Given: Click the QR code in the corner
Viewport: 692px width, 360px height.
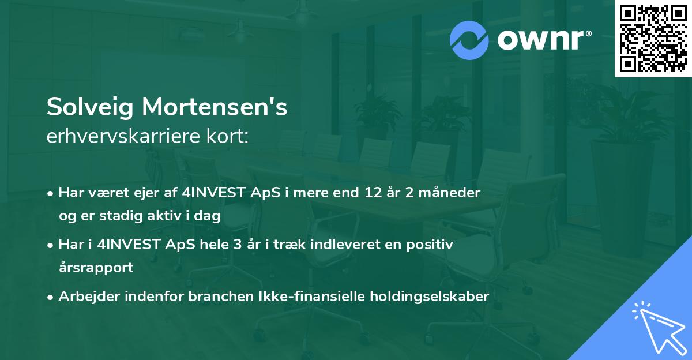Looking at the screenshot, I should (653, 39).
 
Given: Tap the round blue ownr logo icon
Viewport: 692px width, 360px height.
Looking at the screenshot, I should (469, 40).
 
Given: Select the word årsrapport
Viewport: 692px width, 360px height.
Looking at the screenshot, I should (96, 268).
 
